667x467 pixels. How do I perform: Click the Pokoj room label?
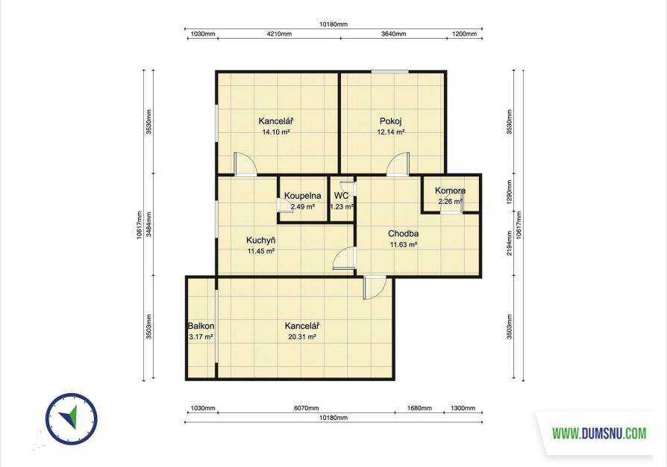(390, 121)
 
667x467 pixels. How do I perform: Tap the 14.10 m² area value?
(275, 132)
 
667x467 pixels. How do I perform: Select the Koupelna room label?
(302, 196)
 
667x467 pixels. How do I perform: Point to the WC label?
(341, 196)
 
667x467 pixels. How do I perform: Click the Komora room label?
(450, 191)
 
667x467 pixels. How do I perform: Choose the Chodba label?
(404, 233)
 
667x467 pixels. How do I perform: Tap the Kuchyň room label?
(261, 241)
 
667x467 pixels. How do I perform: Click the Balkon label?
(201, 326)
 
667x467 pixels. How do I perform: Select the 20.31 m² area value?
(302, 337)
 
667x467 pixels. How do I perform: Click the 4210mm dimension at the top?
(279, 34)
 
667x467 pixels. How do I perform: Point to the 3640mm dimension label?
(393, 34)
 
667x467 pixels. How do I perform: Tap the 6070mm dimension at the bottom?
(307, 408)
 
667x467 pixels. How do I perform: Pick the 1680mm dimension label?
(419, 408)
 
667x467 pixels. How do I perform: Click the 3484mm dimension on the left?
(148, 225)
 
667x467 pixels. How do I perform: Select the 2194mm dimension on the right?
(509, 244)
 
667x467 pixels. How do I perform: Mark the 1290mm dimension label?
(509, 192)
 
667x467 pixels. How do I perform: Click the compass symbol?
(72, 419)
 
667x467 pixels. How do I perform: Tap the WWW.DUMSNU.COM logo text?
(599, 434)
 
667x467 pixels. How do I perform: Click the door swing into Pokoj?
(398, 164)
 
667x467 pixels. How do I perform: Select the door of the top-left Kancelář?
(245, 164)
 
